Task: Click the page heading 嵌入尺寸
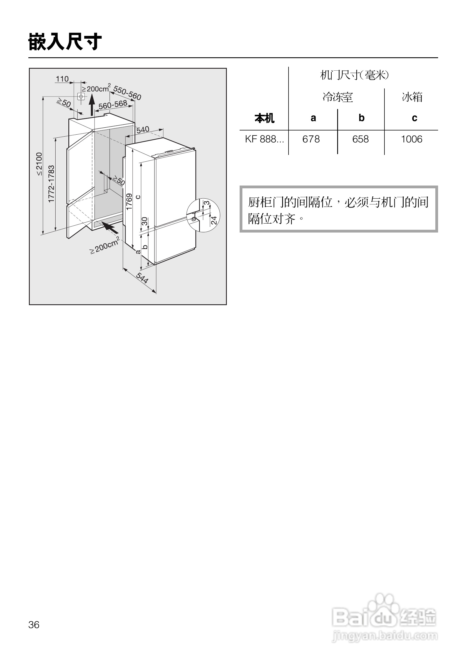[65, 42]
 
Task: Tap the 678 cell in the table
[311, 139]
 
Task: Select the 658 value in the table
[361, 139]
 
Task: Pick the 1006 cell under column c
[411, 139]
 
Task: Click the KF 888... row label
[264, 139]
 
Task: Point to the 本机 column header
[264, 118]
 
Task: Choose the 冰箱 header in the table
[412, 97]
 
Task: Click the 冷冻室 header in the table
[338, 97]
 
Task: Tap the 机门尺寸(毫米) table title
[354, 75]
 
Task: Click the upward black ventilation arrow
[92, 105]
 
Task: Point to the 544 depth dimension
[142, 278]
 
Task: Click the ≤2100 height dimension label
[39, 164]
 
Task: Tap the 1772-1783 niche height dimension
[51, 184]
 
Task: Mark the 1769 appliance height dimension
[129, 202]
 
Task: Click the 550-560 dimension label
[127, 93]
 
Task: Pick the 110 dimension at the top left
[62, 79]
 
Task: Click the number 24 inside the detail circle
[214, 220]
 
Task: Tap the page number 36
[34, 624]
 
